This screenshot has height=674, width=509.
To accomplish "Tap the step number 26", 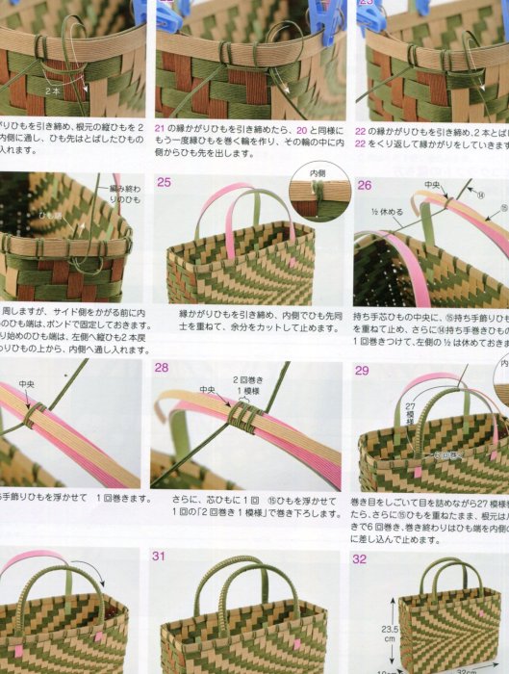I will pos(364,184).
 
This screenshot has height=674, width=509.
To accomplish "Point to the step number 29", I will pos(363,371).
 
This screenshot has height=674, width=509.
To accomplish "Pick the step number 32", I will pos(360,557).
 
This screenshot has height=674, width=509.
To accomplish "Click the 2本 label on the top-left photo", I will pos(54,89).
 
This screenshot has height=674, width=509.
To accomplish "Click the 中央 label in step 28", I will pos(208,390).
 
